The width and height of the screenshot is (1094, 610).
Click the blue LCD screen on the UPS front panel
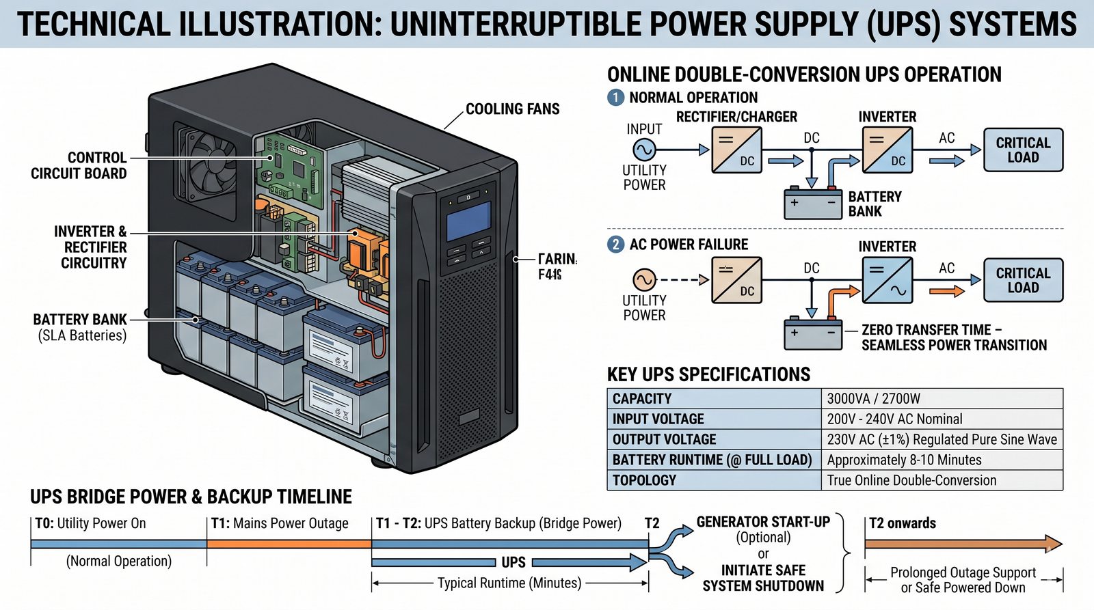tap(468, 221)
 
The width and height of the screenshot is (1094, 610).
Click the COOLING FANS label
tap(512, 109)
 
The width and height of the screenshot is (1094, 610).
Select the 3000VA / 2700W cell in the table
tap(942, 399)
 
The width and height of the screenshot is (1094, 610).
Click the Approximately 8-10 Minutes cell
tap(942, 460)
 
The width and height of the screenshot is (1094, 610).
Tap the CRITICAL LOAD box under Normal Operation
tap(1023, 150)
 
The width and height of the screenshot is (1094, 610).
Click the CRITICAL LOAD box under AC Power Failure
tap(1023, 280)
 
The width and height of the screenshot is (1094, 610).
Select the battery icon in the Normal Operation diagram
tap(812, 203)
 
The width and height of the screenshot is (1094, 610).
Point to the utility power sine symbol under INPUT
tap(644, 149)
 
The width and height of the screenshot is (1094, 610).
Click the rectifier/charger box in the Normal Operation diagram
tap(736, 150)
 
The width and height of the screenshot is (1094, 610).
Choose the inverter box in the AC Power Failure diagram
tap(887, 280)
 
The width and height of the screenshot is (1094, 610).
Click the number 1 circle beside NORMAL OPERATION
tap(615, 97)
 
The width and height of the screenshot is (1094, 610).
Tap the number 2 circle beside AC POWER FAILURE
tap(615, 245)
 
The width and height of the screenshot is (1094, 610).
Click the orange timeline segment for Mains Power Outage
tap(289, 544)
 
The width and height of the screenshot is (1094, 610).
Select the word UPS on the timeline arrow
tap(513, 562)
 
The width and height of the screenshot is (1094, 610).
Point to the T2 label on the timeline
tap(652, 523)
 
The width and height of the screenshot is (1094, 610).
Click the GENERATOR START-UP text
tap(763, 522)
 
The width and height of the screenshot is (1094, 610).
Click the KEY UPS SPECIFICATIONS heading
tap(708, 374)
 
